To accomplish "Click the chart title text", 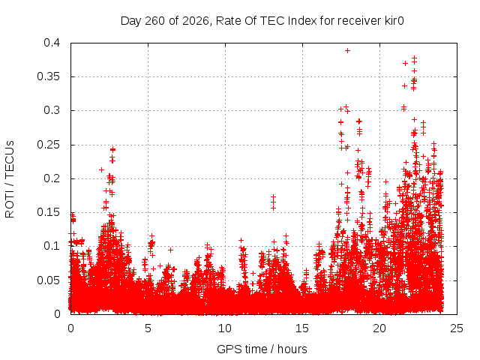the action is click(262, 21).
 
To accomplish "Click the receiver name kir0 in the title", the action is click(393, 21).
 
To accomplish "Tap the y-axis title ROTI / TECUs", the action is click(10, 179).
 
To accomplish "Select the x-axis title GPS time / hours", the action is click(262, 349).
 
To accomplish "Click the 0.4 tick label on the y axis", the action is click(52, 43).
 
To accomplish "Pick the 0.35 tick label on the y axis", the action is click(49, 76).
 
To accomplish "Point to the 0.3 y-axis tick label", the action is click(52, 110).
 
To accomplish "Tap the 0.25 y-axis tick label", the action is click(49, 145).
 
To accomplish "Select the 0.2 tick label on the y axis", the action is click(52, 178).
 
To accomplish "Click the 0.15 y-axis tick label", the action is click(49, 212).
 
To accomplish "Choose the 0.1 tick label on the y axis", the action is click(52, 246).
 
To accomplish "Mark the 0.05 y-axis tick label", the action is click(49, 280).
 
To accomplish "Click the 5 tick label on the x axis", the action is click(148, 328).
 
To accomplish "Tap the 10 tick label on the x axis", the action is click(225, 328).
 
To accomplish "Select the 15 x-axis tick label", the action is click(302, 328).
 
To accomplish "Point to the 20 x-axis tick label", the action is click(379, 328).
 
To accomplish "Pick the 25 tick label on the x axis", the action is click(457, 328).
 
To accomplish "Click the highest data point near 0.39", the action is click(347, 50).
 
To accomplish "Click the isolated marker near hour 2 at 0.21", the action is click(102, 169).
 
